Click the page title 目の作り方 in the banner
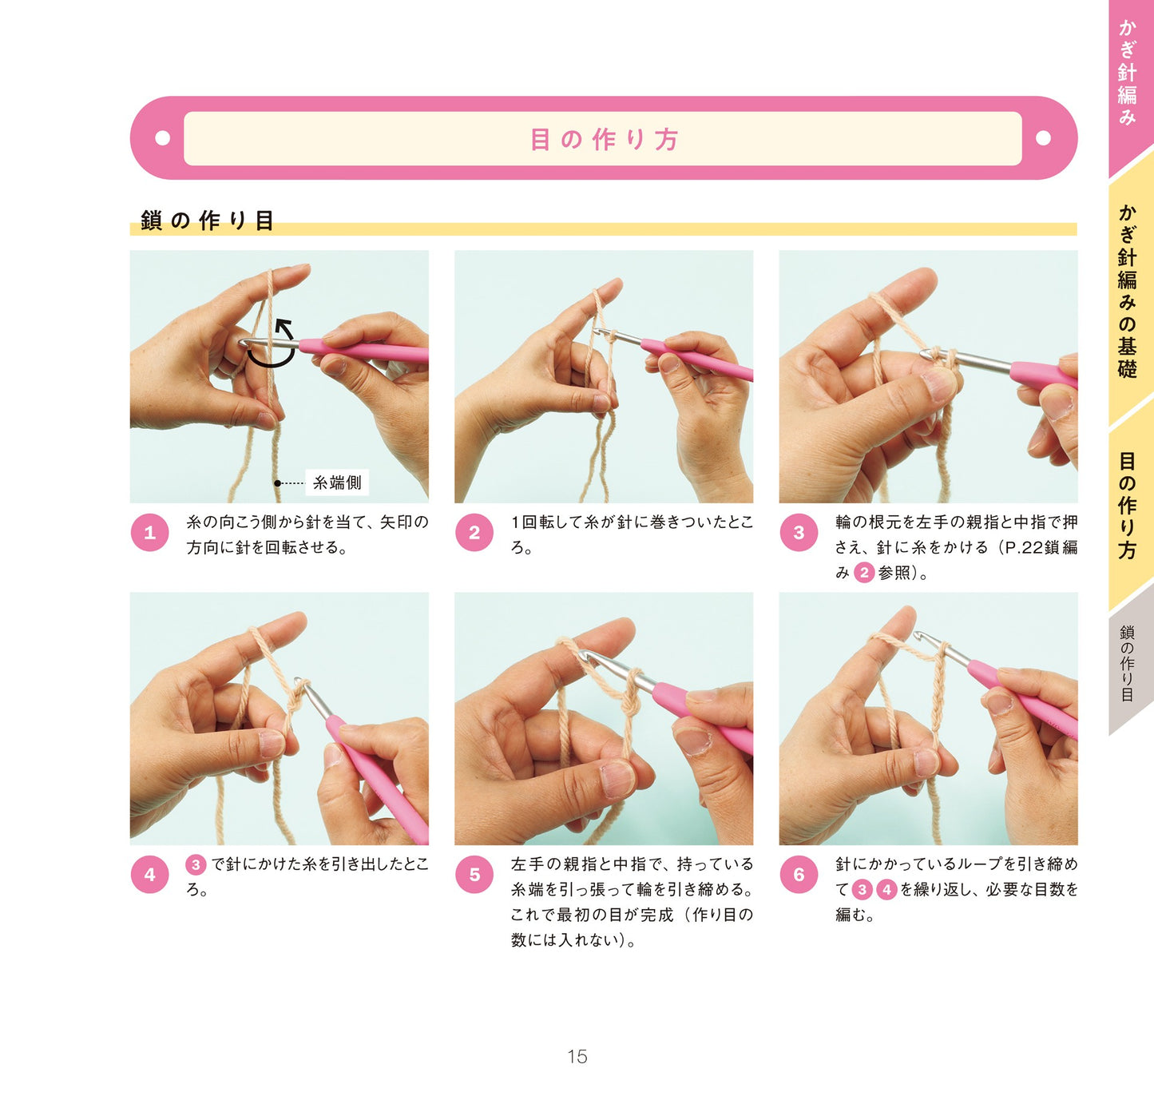[x=604, y=140]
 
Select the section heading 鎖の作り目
[x=207, y=220]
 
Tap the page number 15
[x=577, y=1056]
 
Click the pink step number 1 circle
[x=149, y=532]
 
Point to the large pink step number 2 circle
[x=474, y=532]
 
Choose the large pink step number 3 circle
[x=798, y=532]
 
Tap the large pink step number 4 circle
[x=149, y=874]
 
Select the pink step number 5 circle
[x=474, y=874]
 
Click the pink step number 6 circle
[x=798, y=874]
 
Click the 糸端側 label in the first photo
[x=337, y=483]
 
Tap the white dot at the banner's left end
[x=162, y=137]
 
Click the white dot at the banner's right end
[x=1043, y=137]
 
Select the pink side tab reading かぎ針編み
[x=1128, y=73]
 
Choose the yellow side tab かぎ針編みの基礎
[x=1128, y=291]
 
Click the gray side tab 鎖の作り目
[x=1127, y=662]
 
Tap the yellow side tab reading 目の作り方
[x=1128, y=506]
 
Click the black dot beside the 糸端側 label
[x=278, y=483]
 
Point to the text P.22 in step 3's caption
[x=1018, y=547]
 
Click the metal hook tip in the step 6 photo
[x=918, y=636]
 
